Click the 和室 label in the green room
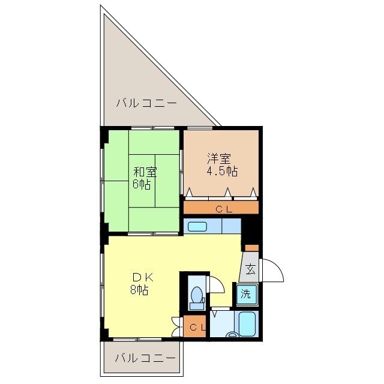click(145, 172)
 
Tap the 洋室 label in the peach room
click(218, 158)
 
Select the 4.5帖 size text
click(222, 171)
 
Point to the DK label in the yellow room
click(143, 278)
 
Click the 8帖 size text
click(139, 290)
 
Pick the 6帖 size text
click(142, 184)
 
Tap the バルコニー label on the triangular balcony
click(146, 103)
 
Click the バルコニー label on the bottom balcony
click(145, 359)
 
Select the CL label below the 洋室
click(224, 209)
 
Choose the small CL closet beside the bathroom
click(195, 326)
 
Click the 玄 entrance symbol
click(250, 269)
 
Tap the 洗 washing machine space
click(245, 293)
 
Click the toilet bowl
click(197, 295)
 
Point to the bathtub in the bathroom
click(247, 324)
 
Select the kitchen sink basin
click(197, 227)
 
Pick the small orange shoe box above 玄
click(252, 248)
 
